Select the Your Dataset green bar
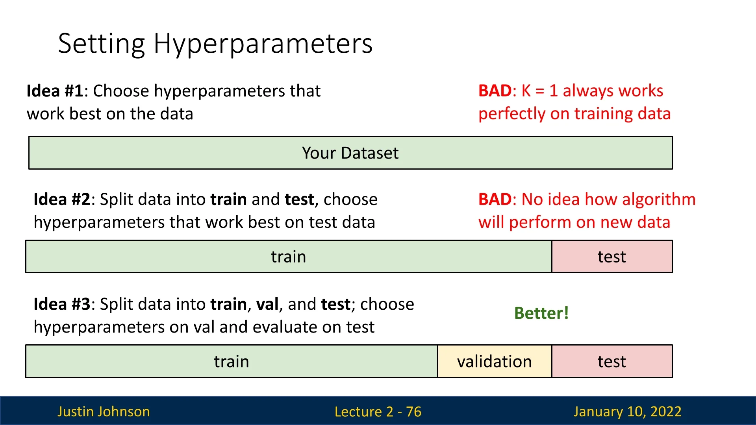click(350, 153)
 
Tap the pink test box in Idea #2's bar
click(612, 257)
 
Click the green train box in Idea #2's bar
click(289, 257)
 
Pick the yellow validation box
click(495, 361)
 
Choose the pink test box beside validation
click(612, 361)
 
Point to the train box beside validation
click(232, 361)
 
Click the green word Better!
click(541, 313)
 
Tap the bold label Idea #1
click(55, 91)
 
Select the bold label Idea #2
click(62, 200)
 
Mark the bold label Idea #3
click(62, 304)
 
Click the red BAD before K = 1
click(495, 91)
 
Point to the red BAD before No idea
click(495, 200)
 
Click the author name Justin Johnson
click(104, 412)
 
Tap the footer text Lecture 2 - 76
click(378, 412)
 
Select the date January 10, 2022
click(627, 412)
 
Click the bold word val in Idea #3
click(267, 304)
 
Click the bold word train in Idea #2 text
click(228, 200)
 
